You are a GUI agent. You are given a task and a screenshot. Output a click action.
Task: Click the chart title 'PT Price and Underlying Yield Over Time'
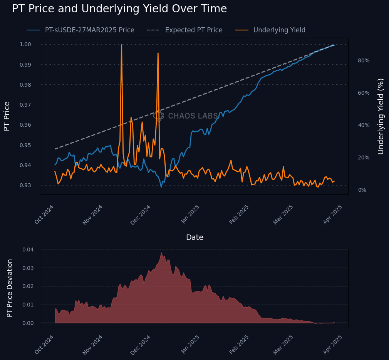click(x=119, y=9)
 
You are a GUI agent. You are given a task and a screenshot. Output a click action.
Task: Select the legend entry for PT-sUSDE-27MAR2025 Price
click(x=89, y=30)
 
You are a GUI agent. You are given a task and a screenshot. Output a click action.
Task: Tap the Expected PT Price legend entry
click(x=193, y=30)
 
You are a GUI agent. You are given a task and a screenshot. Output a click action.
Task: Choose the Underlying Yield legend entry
click(x=279, y=30)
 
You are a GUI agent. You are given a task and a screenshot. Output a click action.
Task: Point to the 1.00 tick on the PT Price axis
click(x=25, y=44)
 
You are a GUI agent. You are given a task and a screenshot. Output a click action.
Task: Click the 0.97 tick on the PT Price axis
click(x=25, y=105)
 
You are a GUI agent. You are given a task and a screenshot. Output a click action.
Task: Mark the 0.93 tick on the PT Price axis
click(x=25, y=185)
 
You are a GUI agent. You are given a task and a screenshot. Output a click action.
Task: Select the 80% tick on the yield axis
click(x=364, y=60)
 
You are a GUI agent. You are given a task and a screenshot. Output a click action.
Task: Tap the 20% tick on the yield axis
click(x=364, y=157)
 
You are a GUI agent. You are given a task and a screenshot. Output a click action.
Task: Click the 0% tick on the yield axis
click(x=362, y=190)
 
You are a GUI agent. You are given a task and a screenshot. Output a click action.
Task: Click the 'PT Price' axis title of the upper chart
click(x=7, y=116)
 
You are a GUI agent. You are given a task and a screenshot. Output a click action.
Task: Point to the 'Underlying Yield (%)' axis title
click(x=381, y=116)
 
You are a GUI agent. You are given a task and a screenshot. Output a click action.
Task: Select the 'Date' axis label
click(x=194, y=238)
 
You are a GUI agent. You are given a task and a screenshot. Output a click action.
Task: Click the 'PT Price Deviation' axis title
click(x=10, y=288)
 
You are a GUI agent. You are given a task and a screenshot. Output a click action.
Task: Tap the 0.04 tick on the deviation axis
click(x=28, y=249)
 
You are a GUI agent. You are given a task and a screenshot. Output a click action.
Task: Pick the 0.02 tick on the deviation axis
click(x=28, y=286)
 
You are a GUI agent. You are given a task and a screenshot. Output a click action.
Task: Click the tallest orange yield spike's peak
click(x=121, y=45)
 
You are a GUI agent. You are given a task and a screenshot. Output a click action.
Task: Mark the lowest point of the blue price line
click(x=161, y=187)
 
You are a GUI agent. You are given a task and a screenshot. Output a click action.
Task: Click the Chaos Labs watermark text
click(x=193, y=116)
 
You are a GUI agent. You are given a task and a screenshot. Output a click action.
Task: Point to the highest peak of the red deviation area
click(x=161, y=253)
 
